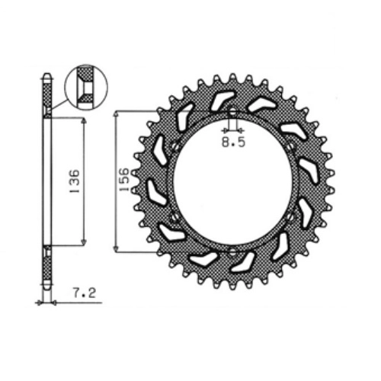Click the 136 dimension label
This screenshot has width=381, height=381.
pos(75,181)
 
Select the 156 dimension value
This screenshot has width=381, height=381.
pos(124,179)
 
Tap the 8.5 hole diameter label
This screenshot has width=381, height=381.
pos(234,142)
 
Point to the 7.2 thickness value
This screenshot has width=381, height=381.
pos(85,293)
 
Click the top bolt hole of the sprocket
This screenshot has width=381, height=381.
pos(233,110)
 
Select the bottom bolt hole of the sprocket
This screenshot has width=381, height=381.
pos(232,252)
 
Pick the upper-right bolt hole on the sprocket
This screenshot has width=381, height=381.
pos(291,146)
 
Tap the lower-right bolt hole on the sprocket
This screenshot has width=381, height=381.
pos(291,217)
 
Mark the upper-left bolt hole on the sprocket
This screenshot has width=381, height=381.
pos(174,146)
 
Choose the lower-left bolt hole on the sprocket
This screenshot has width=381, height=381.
pos(174,217)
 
